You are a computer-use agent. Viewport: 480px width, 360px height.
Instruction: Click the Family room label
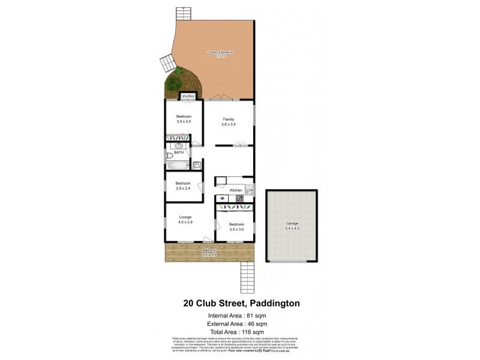[x=228, y=119]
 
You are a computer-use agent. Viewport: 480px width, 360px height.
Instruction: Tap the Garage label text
[x=292, y=223]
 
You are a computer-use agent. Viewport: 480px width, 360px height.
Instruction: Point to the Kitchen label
[x=236, y=190]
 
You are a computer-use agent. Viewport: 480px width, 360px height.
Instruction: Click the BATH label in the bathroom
[x=179, y=153]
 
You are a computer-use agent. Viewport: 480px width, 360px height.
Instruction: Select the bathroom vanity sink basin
[x=179, y=146]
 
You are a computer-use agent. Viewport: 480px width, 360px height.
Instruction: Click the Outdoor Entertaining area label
[x=220, y=52]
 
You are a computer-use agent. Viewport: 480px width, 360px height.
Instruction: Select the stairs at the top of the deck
[x=182, y=13]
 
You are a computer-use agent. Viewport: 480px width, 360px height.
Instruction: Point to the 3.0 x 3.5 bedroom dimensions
[x=184, y=122]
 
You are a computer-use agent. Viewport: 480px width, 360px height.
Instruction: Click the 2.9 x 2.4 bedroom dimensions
[x=183, y=188]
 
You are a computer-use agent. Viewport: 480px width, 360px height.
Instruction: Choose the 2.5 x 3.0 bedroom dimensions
[x=237, y=229]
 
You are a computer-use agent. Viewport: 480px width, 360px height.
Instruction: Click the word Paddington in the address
[x=271, y=304]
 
